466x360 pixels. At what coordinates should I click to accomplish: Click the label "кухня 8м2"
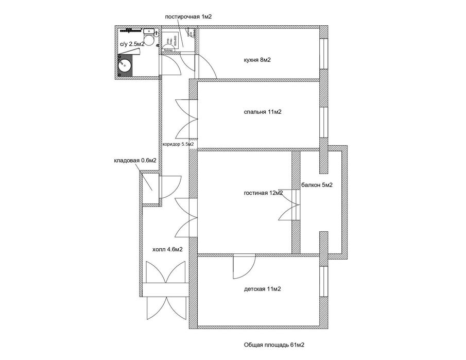(x=257, y=60)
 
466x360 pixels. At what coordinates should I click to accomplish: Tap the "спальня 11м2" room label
(x=263, y=112)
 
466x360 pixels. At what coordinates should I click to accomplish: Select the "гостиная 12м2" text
(x=263, y=193)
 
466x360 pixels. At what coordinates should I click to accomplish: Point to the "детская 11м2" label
(x=263, y=289)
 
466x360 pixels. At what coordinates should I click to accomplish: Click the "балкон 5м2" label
(x=317, y=185)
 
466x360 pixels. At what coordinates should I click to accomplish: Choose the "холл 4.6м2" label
(x=167, y=249)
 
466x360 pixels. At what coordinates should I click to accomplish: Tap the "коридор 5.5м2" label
(x=178, y=144)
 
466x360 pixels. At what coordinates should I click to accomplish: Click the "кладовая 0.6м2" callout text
(x=135, y=161)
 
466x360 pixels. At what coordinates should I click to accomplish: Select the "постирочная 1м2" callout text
(x=188, y=16)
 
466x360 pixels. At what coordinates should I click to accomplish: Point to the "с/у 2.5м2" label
(x=131, y=45)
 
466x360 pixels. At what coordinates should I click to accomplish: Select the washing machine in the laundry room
(x=172, y=40)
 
